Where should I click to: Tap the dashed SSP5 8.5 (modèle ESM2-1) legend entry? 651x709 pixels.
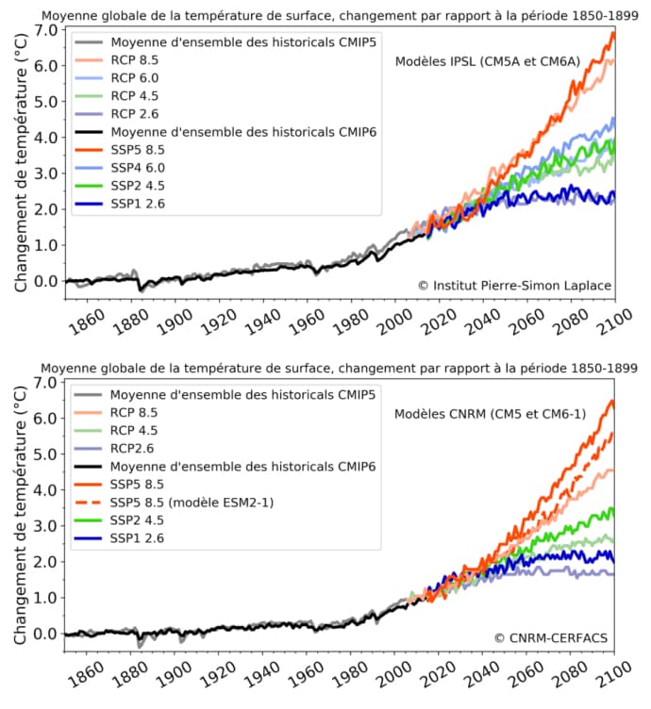pos(192,503)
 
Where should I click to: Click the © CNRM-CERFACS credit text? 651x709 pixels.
pos(552,638)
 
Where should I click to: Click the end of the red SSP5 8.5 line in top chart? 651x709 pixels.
pos(613,33)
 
